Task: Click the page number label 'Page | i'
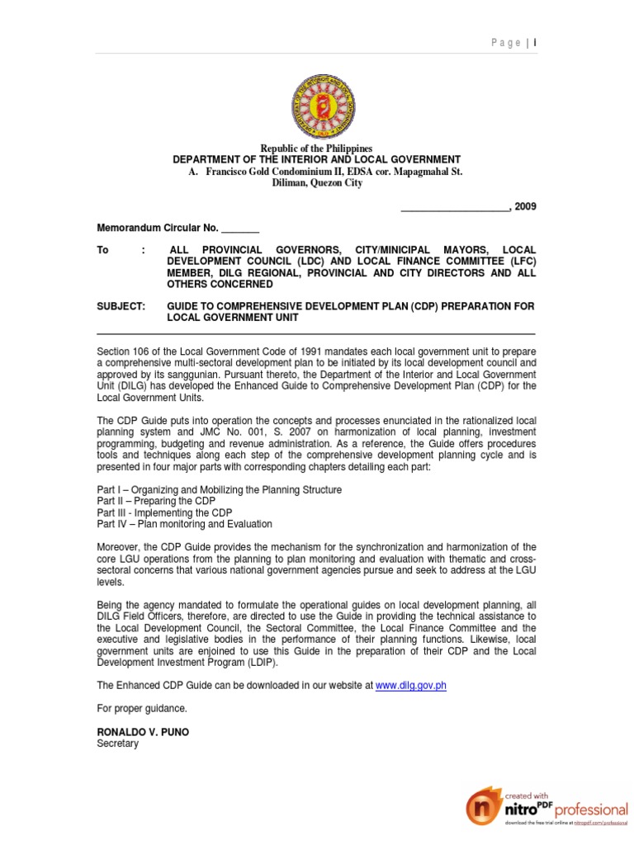click(x=516, y=42)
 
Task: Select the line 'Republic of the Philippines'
click(x=317, y=148)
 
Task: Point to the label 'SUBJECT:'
click(x=121, y=306)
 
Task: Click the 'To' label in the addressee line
click(x=102, y=250)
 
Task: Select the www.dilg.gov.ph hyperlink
click(x=410, y=686)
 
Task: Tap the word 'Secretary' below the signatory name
click(x=118, y=744)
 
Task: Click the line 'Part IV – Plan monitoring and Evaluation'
click(x=184, y=524)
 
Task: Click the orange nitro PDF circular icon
click(x=485, y=812)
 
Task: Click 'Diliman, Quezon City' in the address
click(x=317, y=183)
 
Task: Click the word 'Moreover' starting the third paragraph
click(x=119, y=547)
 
